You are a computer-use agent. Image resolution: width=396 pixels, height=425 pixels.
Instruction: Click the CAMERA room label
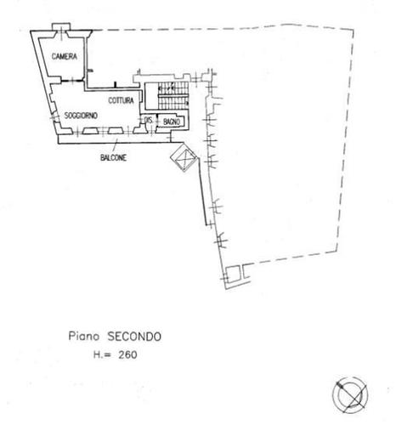[x=65, y=56]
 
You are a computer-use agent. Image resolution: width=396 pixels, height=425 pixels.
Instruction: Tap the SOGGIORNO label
[x=81, y=116]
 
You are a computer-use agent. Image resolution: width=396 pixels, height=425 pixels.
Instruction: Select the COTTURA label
[x=121, y=100]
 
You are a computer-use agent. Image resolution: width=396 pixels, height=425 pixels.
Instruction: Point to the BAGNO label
[x=172, y=122]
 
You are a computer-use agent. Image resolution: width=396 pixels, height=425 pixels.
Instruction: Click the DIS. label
[x=149, y=120]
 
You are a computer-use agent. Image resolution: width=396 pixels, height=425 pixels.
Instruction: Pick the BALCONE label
[x=113, y=157]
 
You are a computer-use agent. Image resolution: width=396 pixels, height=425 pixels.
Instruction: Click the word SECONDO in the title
[x=134, y=337]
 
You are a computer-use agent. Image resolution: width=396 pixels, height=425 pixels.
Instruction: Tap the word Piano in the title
[x=84, y=337]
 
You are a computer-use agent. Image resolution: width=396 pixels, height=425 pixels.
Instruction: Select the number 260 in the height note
[x=127, y=354]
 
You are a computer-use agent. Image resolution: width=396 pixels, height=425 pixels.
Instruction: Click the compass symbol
[x=350, y=394]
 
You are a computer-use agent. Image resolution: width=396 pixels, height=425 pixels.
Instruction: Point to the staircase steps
[x=173, y=95]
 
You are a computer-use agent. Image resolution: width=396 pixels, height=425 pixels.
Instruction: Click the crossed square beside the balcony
[x=184, y=158]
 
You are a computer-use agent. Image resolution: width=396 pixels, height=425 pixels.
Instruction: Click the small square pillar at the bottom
[x=234, y=273]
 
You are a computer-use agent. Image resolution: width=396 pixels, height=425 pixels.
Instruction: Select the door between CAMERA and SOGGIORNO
[x=72, y=81]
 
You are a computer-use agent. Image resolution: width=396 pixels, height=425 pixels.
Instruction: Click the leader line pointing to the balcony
[x=115, y=146]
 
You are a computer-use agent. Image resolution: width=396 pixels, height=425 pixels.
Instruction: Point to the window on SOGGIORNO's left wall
[x=54, y=116]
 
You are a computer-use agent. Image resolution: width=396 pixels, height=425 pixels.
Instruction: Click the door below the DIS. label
[x=151, y=131]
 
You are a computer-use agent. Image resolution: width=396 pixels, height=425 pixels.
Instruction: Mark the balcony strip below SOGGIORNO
[x=115, y=139]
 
